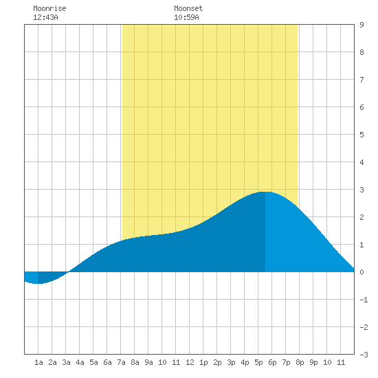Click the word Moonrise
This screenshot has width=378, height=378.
(x=49, y=8)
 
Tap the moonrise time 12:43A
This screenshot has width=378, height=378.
(x=45, y=17)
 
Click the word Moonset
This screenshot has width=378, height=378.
(x=188, y=8)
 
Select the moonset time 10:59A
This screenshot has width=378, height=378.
(x=186, y=17)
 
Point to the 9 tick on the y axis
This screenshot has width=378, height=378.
(x=362, y=25)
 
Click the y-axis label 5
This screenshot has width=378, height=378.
(x=362, y=135)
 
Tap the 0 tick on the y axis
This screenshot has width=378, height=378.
(x=362, y=272)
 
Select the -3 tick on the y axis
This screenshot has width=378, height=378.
(x=364, y=355)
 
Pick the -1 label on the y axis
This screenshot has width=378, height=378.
(x=364, y=300)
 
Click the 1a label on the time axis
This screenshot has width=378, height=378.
(x=38, y=362)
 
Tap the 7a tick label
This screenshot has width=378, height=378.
(x=121, y=362)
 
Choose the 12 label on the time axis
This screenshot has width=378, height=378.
(x=190, y=362)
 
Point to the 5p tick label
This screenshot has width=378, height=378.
(x=258, y=362)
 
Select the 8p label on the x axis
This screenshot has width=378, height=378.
(x=300, y=362)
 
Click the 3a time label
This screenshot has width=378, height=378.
(x=66, y=362)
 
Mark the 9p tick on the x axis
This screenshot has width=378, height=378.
(x=313, y=362)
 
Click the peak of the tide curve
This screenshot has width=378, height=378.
(x=265, y=192)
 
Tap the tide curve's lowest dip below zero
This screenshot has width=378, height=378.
(x=36, y=283)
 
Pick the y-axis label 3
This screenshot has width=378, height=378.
(x=362, y=190)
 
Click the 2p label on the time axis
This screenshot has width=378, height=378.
(x=217, y=362)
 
